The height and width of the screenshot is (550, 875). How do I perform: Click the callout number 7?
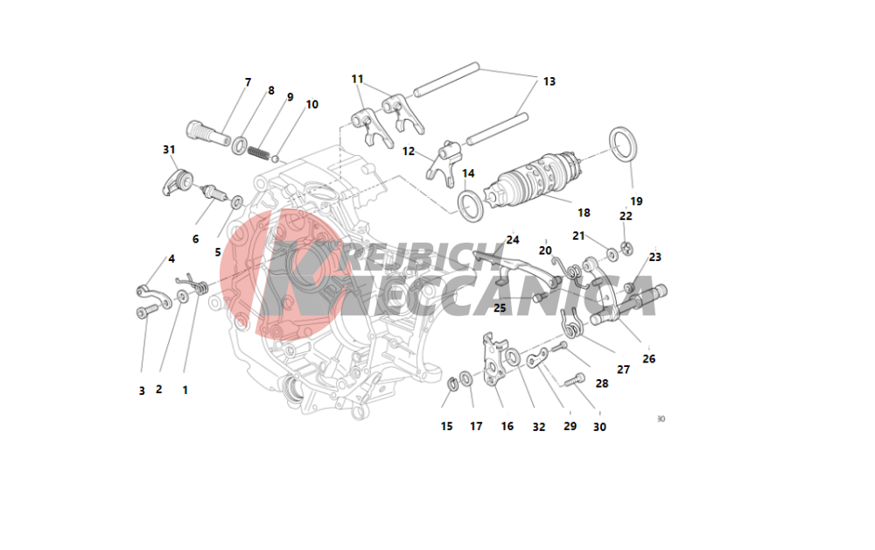coord(248,82)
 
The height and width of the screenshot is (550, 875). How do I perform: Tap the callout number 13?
coord(549,81)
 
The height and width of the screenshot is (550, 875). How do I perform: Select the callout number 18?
coord(584,213)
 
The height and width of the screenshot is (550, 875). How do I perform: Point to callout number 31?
coord(169,150)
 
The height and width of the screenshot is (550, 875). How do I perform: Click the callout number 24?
coord(512,240)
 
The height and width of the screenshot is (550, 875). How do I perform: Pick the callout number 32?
coord(538,427)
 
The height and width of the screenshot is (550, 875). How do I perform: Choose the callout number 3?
coord(142,391)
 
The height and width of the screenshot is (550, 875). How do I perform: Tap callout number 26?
coord(648,359)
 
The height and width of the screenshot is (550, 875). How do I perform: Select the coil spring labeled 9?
coord(259,152)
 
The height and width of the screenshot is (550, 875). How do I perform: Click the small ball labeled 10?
coord(275,159)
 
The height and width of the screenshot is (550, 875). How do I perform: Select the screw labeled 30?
coord(574,381)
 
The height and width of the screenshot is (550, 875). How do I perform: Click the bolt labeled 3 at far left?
coord(146,312)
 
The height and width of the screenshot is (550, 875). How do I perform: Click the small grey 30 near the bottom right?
coord(661,419)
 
